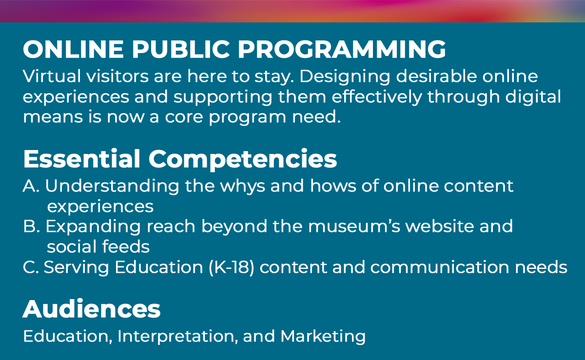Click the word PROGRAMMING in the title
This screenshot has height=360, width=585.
342,49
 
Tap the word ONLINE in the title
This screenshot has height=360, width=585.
73,49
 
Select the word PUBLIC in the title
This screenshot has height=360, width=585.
181,49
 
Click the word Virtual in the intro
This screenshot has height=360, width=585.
52,76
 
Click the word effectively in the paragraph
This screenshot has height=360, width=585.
377,97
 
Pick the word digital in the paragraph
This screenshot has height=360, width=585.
533,97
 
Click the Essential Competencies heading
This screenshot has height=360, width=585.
180,159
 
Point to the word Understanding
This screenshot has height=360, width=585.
112,187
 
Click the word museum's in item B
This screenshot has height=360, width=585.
354,226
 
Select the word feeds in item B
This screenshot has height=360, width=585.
126,246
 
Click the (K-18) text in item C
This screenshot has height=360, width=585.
232,267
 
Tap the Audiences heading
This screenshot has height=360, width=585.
92,309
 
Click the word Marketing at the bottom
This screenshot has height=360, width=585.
323,337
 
